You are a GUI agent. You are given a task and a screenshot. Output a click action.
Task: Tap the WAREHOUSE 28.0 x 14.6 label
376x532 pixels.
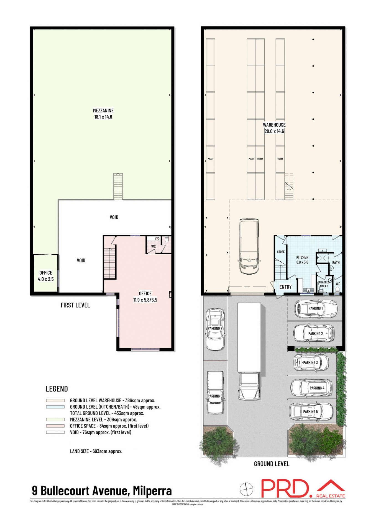coord(274,128)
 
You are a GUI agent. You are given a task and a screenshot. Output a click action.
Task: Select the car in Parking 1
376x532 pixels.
coord(315,309)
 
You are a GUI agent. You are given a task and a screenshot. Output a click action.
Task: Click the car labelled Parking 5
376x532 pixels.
coord(311,412)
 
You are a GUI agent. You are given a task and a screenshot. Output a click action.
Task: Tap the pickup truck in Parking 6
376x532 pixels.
coord(215,393)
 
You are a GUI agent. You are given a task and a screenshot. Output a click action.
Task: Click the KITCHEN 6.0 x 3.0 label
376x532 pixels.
coord(302,260)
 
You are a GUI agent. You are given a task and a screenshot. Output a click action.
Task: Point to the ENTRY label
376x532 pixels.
coord(285,287)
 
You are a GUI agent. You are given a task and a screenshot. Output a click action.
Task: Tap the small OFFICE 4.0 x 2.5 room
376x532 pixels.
coord(46,276)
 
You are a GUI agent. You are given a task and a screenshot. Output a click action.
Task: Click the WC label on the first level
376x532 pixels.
coord(154,247)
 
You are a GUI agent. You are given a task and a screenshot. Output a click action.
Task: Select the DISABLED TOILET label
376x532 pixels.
coord(324,284)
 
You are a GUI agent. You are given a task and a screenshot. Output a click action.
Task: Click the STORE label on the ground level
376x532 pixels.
coord(281,252)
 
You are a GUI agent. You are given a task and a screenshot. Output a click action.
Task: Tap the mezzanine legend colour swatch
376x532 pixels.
coord(55,420)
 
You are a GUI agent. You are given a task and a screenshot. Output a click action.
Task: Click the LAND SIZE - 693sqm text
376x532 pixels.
coord(96,451)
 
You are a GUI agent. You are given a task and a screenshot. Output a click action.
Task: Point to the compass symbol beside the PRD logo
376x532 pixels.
coord(246,489)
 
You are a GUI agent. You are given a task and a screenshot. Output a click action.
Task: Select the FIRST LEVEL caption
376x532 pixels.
coord(75,305)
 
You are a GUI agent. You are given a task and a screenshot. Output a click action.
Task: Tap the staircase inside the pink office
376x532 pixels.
coord(110,263)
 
